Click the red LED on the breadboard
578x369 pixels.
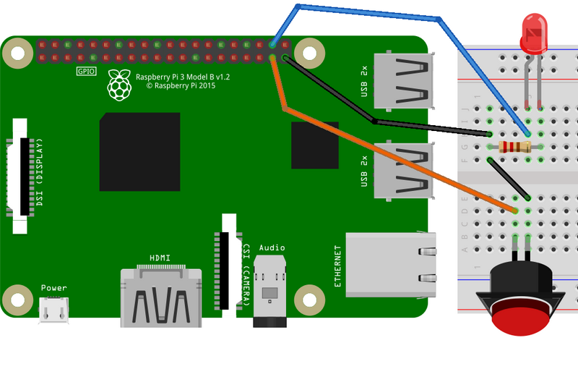pyautogui.click(x=533, y=35)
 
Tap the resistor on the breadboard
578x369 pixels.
pyautogui.click(x=514, y=148)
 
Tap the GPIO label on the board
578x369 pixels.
pyautogui.click(x=86, y=71)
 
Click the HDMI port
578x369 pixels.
pyautogui.click(x=160, y=297)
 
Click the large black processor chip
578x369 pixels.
pyautogui.click(x=139, y=152)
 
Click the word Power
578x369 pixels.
pyautogui.click(x=53, y=288)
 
